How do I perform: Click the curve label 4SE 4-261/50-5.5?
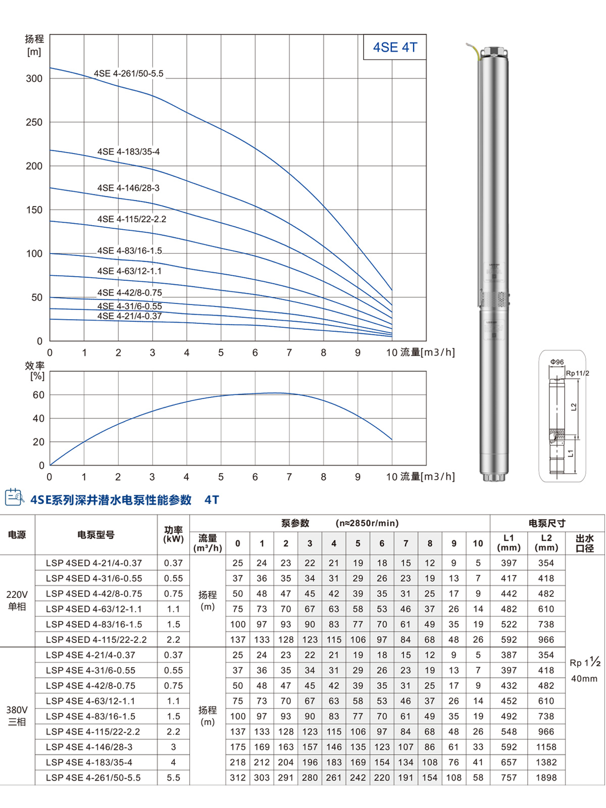tap(128, 74)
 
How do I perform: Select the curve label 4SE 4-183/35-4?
tap(128, 152)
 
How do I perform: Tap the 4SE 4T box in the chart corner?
tap(395, 47)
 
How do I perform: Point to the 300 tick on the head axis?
tap(34, 79)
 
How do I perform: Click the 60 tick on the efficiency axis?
tap(38, 395)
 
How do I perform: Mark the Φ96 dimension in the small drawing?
tap(557, 362)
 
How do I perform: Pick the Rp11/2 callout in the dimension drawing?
tap(577, 374)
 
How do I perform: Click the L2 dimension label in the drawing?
tap(574, 407)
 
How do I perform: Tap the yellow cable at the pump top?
tap(475, 50)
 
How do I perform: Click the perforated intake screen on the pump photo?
tap(493, 298)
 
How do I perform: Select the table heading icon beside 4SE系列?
tap(14, 497)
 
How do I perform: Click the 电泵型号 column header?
tap(96, 535)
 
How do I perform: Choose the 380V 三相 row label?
tap(17, 716)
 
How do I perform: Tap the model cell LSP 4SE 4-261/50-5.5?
tap(93, 778)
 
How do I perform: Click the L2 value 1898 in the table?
tap(546, 778)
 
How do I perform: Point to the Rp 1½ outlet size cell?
tap(584, 663)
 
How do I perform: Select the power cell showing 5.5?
tap(173, 778)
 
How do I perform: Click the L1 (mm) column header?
tap(509, 543)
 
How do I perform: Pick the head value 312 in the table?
tap(238, 778)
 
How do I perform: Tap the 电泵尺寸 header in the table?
tap(546, 523)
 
